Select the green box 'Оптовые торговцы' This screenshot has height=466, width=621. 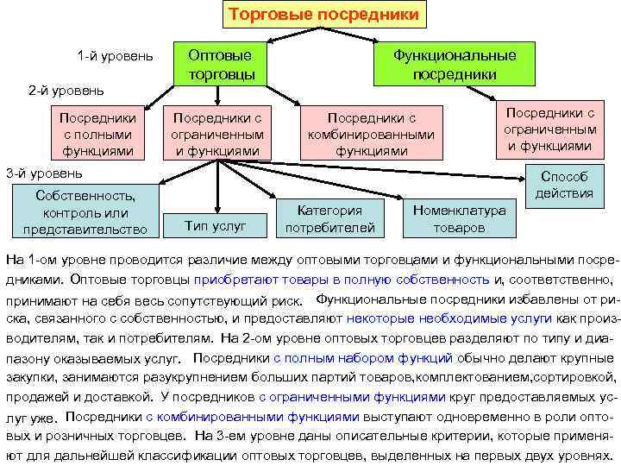click(x=220, y=64)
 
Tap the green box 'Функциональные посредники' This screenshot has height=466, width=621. click(x=455, y=64)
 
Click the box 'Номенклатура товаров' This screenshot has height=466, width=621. click(x=460, y=219)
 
